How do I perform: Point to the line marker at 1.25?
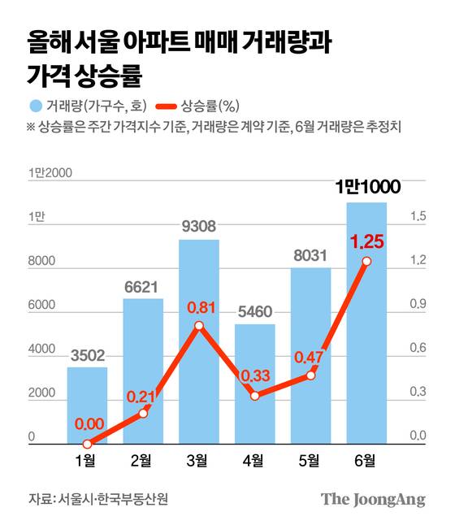[366, 261]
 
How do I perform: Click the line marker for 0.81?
[199, 326]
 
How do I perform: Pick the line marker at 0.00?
[87, 444]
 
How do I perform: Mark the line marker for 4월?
[255, 396]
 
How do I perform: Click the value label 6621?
[143, 287]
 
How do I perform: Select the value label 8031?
[310, 256]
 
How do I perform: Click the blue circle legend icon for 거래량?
[35, 105]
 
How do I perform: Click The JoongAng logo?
[373, 499]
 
